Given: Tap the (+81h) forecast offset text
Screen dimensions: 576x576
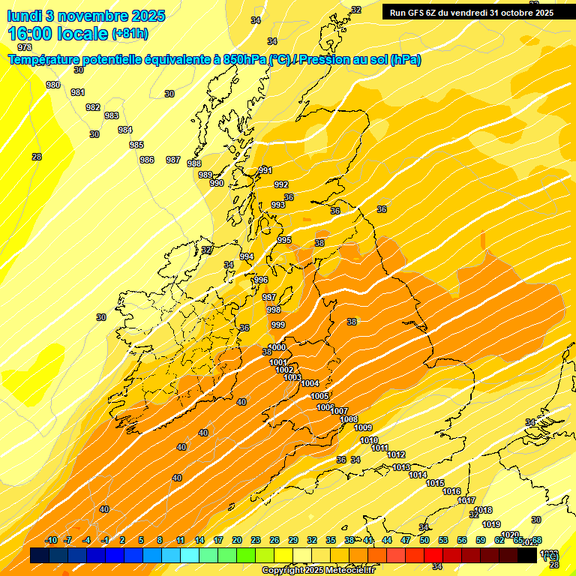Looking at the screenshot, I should pyautogui.click(x=130, y=34).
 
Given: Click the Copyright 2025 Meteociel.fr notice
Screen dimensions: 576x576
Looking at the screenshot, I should pyautogui.click(x=318, y=571).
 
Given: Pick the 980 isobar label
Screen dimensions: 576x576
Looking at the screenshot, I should pyautogui.click(x=53, y=85).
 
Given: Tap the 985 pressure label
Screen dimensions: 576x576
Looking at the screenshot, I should pyautogui.click(x=136, y=145).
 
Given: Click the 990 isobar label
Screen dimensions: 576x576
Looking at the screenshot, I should pyautogui.click(x=217, y=183).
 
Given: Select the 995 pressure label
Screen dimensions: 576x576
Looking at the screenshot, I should pyautogui.click(x=284, y=240).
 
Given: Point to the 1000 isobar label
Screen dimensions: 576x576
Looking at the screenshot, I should pyautogui.click(x=277, y=347).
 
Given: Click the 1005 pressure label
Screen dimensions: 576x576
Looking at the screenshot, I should pyautogui.click(x=319, y=396).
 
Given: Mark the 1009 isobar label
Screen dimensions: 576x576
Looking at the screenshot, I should pyautogui.click(x=363, y=427).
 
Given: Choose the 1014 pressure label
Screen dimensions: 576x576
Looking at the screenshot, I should pyautogui.click(x=418, y=475).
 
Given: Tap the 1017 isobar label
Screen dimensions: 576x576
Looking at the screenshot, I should pyautogui.click(x=466, y=500).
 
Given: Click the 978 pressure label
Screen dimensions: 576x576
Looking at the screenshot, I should pyautogui.click(x=25, y=47).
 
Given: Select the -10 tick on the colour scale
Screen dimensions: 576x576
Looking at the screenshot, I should pyautogui.click(x=52, y=541).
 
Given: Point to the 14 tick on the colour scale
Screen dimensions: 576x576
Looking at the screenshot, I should pyautogui.click(x=199, y=541).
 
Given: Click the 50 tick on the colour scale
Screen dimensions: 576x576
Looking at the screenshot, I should pyautogui.click(x=424, y=541).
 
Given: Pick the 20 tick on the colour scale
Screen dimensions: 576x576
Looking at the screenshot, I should pyautogui.click(x=237, y=541).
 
